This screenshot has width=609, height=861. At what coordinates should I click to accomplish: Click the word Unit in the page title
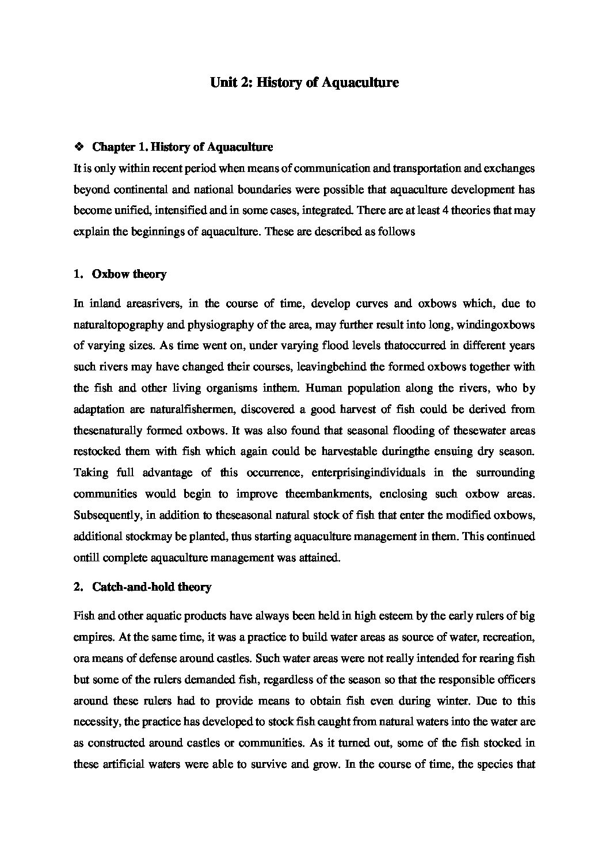[x=223, y=83]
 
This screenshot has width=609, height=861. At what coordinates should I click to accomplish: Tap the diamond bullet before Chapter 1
[x=79, y=147]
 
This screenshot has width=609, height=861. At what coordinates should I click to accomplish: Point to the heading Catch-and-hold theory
[x=151, y=587]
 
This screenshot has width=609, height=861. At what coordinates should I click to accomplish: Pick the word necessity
[x=95, y=722]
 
